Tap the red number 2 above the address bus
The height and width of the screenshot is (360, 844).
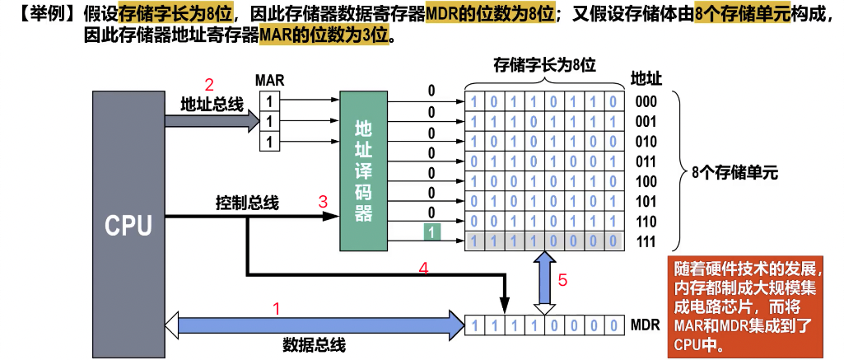click(209, 84)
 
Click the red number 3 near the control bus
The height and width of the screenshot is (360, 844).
click(323, 200)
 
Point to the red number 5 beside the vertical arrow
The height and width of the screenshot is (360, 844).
click(562, 279)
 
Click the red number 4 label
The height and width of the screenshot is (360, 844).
click(424, 268)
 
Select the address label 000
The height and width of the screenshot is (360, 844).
click(646, 102)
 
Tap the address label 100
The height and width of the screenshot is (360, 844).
click(646, 181)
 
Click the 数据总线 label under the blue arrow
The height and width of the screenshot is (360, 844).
click(314, 344)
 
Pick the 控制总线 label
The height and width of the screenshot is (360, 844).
click(247, 203)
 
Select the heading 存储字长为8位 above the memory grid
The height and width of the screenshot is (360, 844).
click(544, 65)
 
